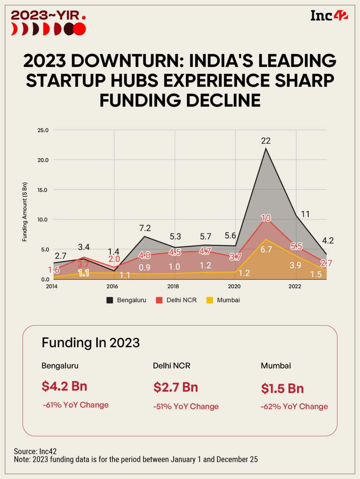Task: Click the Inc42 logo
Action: [329, 15]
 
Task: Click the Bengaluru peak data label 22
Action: [266, 141]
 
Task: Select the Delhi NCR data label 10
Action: [266, 218]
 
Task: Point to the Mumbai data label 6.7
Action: [266, 250]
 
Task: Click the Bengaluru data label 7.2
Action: [145, 228]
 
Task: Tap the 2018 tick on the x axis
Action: [173, 286]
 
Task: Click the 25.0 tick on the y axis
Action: [43, 130]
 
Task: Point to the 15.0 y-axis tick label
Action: [43, 190]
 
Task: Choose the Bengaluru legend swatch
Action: [110, 300]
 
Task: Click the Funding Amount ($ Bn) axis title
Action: [25, 212]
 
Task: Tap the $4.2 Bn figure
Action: [64, 386]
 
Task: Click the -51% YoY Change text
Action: [186, 407]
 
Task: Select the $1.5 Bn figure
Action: [282, 389]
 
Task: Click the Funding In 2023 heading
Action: [91, 343]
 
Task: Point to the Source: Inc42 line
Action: [35, 451]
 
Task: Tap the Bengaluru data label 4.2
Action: [328, 241]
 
